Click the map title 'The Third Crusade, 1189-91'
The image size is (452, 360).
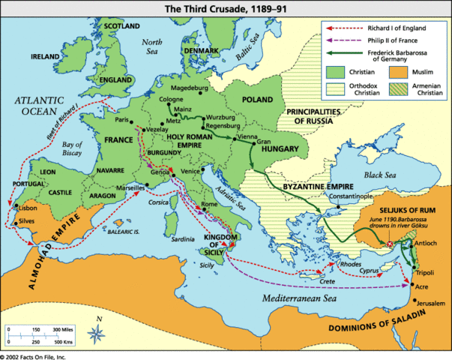[x=225, y=7]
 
